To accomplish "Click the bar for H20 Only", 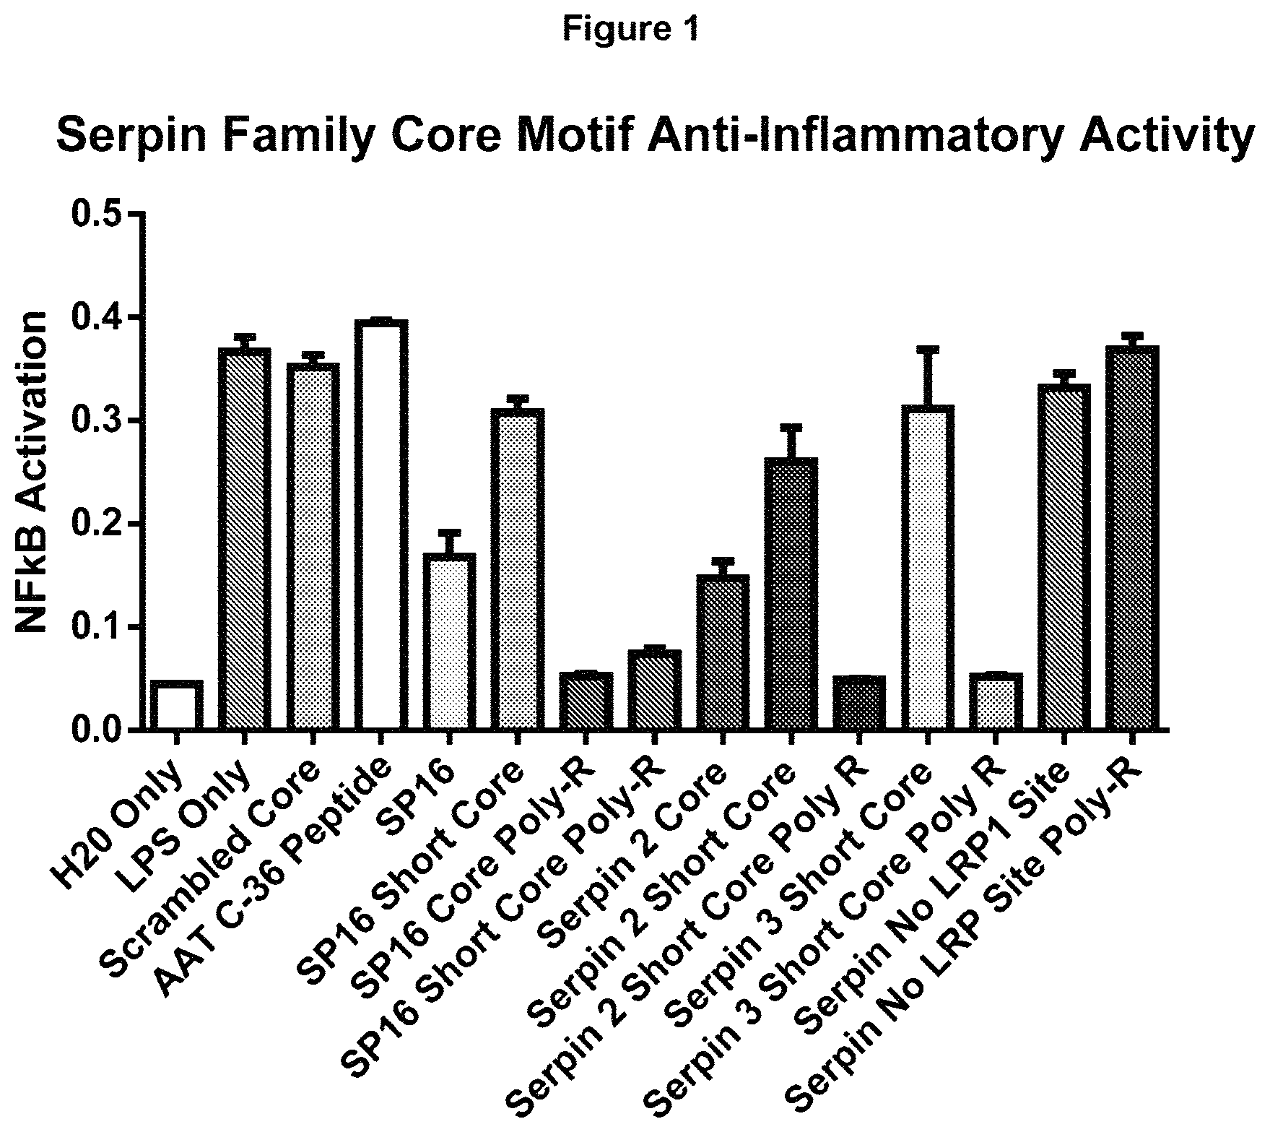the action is (x=177, y=705).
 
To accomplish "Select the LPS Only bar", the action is (x=244, y=539).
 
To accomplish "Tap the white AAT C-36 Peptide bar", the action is (x=381, y=525).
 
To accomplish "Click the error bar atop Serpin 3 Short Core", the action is (x=928, y=376).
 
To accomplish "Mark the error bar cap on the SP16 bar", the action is (x=449, y=532).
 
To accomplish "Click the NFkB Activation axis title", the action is (x=32, y=472).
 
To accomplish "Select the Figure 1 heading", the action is (x=632, y=30).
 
